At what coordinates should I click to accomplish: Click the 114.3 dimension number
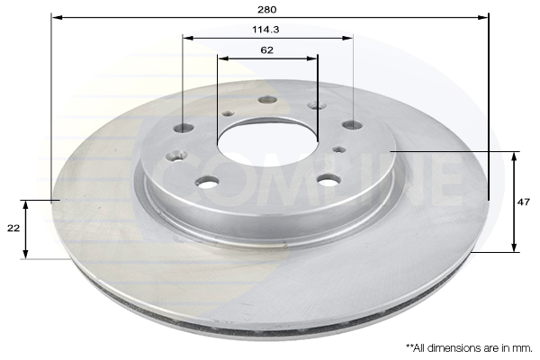pyautogui.click(x=266, y=29)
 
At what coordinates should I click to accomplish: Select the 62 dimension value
pyautogui.click(x=266, y=50)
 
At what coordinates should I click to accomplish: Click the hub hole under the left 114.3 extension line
pyautogui.click(x=184, y=128)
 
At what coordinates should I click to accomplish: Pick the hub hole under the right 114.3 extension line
pyautogui.click(x=352, y=125)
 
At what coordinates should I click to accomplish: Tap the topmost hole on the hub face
pyautogui.click(x=266, y=100)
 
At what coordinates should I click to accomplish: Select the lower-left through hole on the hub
pyautogui.click(x=207, y=182)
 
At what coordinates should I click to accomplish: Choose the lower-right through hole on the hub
pyautogui.click(x=329, y=179)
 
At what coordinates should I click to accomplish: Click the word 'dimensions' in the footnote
pyautogui.click(x=457, y=346)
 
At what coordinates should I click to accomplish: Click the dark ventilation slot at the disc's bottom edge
pyautogui.click(x=270, y=329)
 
